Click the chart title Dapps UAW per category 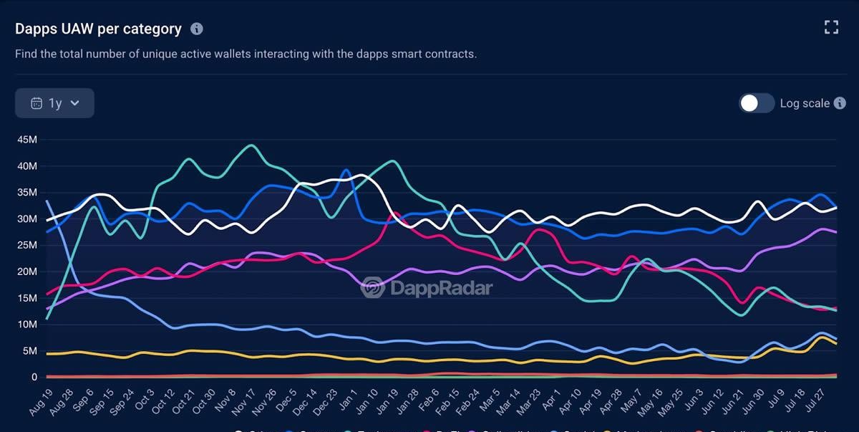(x=99, y=29)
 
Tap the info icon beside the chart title (x=197, y=29)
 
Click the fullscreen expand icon (x=831, y=28)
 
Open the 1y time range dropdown (x=54, y=103)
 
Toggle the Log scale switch (x=757, y=103)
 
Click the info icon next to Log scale (x=840, y=103)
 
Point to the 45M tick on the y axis (x=27, y=140)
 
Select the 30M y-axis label (x=27, y=219)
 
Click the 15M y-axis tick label (x=27, y=298)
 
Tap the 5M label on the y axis (x=30, y=351)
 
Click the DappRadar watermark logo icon (x=373, y=288)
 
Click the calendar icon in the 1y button (x=37, y=103)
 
